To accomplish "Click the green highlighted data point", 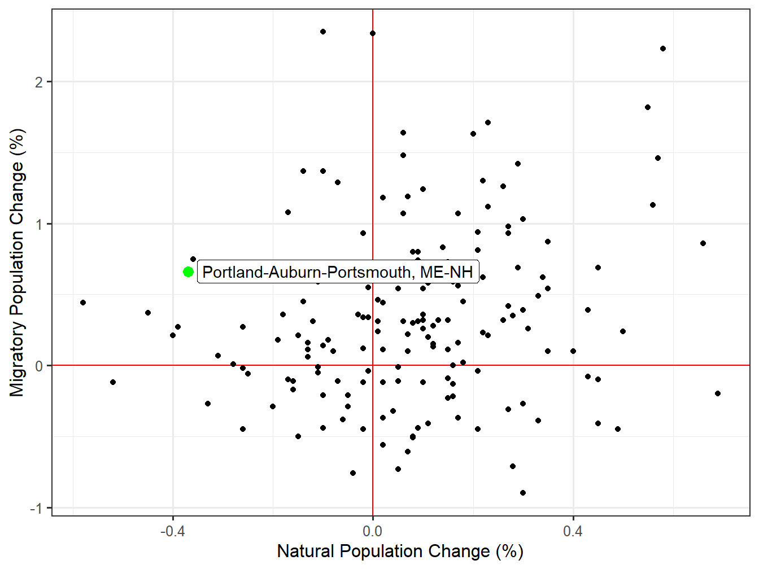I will pyautogui.click(x=189, y=272).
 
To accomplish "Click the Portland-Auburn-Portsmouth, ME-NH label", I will pyautogui.click(x=338, y=272).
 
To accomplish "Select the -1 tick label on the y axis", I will pyautogui.click(x=37, y=509).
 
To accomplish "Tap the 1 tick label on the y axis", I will pyautogui.click(x=39, y=224).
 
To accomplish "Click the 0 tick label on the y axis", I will pyautogui.click(x=39, y=366).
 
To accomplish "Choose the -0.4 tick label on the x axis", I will pyautogui.click(x=172, y=531).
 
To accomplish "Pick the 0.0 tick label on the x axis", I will pyautogui.click(x=373, y=531).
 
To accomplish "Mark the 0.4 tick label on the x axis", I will pyautogui.click(x=573, y=531).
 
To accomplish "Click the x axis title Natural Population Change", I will pyautogui.click(x=400, y=552).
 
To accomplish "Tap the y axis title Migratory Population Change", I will pyautogui.click(x=18, y=262).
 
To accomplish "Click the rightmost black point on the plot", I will pyautogui.click(x=718, y=393).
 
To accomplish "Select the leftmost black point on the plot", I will pyautogui.click(x=83, y=303).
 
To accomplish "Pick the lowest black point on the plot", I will pyautogui.click(x=523, y=493).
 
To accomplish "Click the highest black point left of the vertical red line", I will pyautogui.click(x=323, y=32).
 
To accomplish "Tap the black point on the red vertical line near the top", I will pyautogui.click(x=373, y=33).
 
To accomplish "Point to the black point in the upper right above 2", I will pyautogui.click(x=663, y=49).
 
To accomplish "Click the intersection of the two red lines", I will pyautogui.click(x=373, y=366).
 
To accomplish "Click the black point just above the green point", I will pyautogui.click(x=193, y=259).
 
